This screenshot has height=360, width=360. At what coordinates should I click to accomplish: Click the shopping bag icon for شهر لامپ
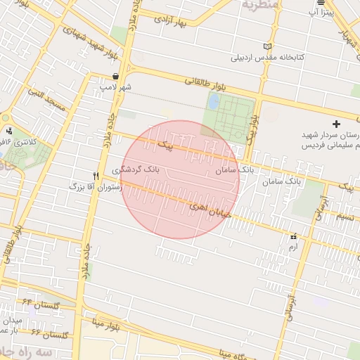pyautogui.click(x=115, y=77)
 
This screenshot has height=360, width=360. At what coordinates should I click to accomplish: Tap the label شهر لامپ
pyautogui.click(x=116, y=86)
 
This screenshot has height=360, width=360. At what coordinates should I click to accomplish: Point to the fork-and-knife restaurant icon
pyautogui.click(x=96, y=175)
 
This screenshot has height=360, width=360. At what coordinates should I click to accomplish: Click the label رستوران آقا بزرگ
pyautogui.click(x=96, y=188)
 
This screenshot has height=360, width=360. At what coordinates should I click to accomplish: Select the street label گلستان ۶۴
pyautogui.click(x=42, y=304)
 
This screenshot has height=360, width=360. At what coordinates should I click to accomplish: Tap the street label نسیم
pyautogui.click(x=345, y=216)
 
